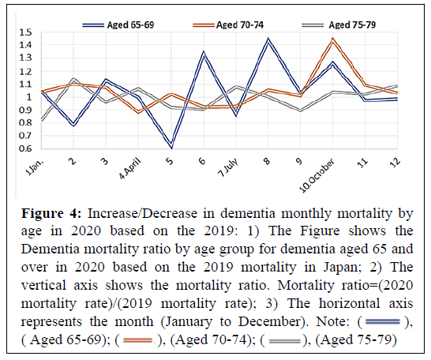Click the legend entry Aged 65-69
(118, 25)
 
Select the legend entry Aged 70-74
(228, 25)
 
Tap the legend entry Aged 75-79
(339, 25)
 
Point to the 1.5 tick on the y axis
(25, 32)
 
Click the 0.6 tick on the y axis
(25, 148)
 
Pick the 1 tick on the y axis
(29, 97)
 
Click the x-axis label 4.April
(129, 169)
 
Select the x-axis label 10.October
(317, 175)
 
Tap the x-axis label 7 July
(228, 168)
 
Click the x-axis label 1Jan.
(35, 167)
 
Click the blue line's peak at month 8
(268, 39)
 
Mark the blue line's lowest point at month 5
(171, 147)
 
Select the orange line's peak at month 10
(332, 39)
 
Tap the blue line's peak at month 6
(204, 52)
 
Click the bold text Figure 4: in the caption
(51, 213)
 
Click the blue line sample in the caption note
(382, 321)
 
